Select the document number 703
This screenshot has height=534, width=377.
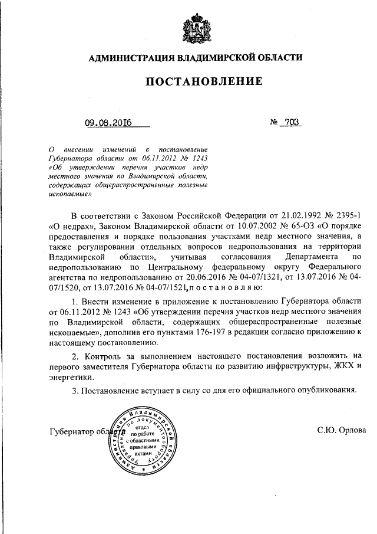coord(292,123)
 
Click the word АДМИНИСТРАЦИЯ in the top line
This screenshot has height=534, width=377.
coord(128,58)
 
